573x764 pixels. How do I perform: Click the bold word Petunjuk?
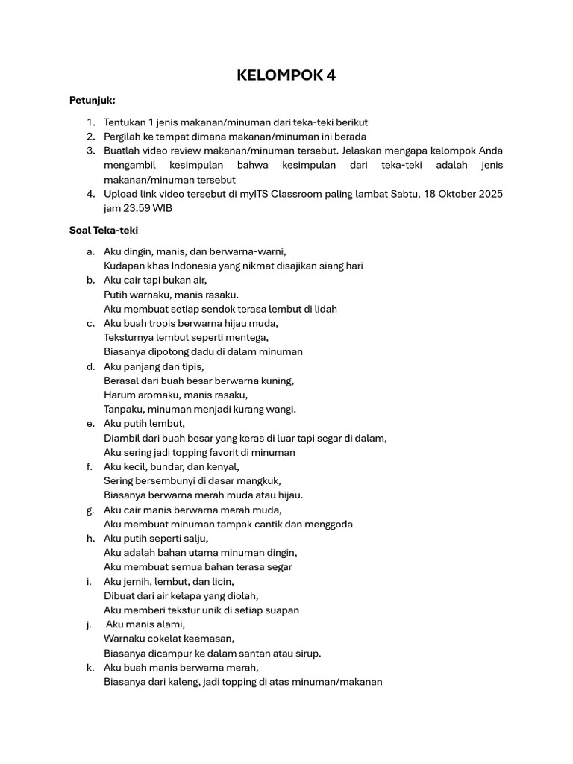click(93, 100)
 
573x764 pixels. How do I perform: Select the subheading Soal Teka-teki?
click(104, 231)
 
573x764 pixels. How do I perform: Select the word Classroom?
click(298, 194)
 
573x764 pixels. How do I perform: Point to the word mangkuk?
click(260, 480)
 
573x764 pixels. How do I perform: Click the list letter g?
click(90, 510)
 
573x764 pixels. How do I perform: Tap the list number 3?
click(90, 151)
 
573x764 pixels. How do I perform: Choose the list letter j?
click(89, 624)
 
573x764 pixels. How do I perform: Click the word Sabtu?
click(404, 194)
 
